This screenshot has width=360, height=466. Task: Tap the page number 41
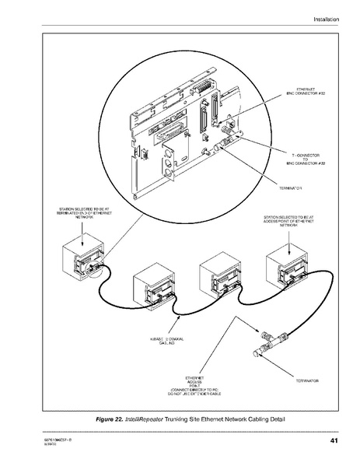333,443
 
